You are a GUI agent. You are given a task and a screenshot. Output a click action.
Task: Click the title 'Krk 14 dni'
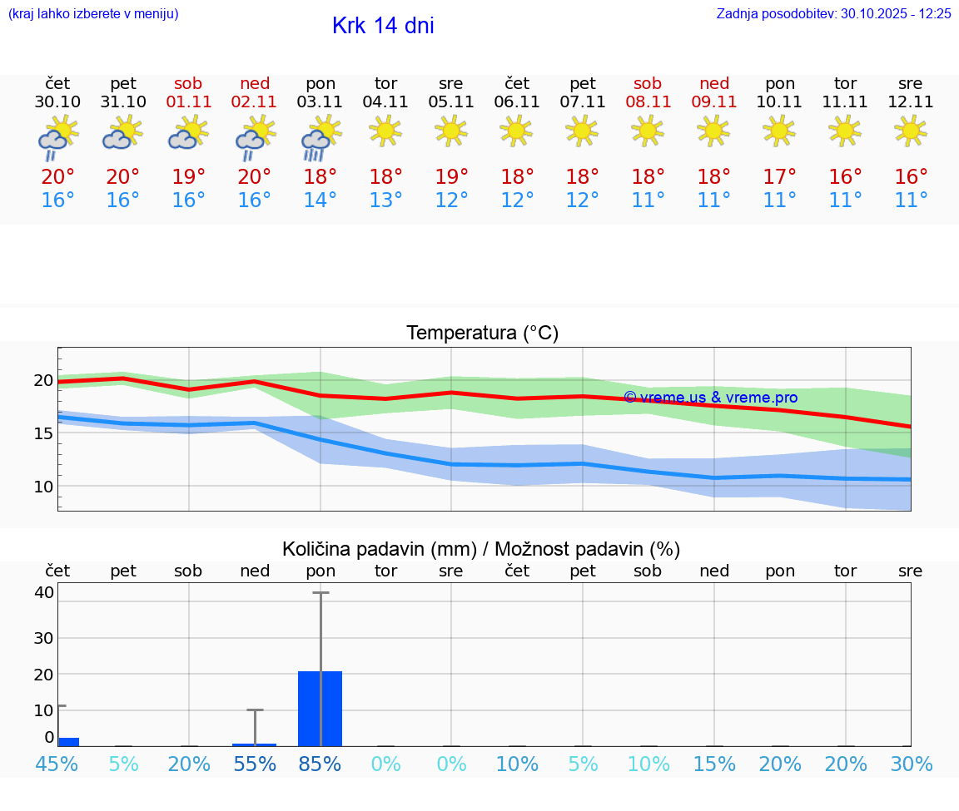(383, 26)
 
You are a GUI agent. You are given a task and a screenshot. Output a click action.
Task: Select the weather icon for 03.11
(320, 137)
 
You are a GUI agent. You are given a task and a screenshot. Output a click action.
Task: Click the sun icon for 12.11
(911, 131)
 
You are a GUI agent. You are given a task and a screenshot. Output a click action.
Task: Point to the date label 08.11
(648, 102)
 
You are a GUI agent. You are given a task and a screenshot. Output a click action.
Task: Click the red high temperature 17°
(779, 177)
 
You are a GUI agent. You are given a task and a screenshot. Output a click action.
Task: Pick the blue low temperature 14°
(320, 200)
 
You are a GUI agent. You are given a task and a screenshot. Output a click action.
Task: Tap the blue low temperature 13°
(386, 200)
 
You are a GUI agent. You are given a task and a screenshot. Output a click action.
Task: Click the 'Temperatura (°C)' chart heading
(482, 334)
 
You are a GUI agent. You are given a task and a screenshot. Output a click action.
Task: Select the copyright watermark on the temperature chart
(710, 398)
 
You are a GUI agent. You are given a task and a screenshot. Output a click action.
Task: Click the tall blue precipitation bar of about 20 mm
(320, 708)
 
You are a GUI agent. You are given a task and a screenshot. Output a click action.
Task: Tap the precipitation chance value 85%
(320, 764)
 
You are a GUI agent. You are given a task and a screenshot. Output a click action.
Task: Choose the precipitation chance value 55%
(255, 764)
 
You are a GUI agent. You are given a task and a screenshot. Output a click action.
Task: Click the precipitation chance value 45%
(57, 764)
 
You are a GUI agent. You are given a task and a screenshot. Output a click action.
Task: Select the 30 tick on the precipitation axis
(44, 638)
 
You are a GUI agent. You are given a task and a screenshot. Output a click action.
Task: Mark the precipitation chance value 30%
(911, 764)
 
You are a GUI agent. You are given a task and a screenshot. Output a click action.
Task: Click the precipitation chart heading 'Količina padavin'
(481, 549)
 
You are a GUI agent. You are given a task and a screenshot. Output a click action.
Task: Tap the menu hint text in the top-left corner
(93, 13)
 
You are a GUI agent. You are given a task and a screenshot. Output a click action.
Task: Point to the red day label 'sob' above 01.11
(189, 84)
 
